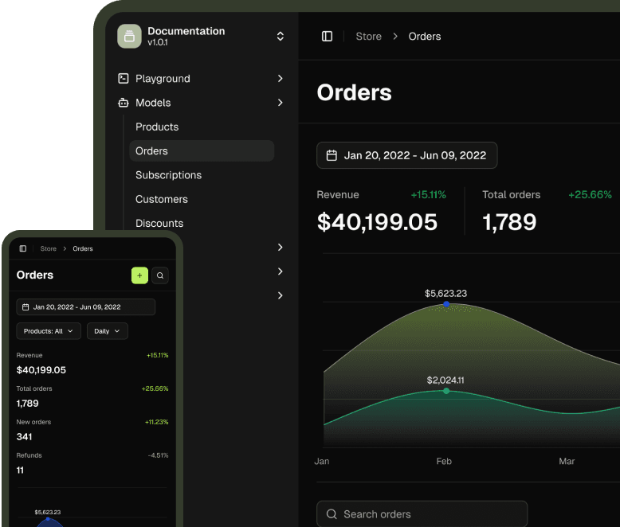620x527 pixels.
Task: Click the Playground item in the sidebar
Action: pos(163,79)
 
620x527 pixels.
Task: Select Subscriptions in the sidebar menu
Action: pos(168,175)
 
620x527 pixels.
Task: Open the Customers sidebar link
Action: pos(162,199)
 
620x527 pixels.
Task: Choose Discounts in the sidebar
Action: pos(159,223)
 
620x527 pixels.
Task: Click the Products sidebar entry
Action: pos(157,127)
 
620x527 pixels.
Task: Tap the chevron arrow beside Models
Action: pos(281,103)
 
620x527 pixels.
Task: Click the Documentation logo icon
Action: pos(129,37)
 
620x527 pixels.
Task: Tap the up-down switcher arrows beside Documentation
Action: pos(281,37)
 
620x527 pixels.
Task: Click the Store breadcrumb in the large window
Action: pos(368,37)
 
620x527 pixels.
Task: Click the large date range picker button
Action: pos(407,155)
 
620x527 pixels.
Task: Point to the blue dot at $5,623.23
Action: pos(446,304)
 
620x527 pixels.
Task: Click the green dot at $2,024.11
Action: pos(446,391)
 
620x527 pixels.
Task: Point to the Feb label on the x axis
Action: pos(444,461)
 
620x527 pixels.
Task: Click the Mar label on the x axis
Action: pos(567,461)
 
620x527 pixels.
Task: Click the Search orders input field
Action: pos(422,514)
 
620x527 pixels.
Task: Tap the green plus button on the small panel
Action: pos(139,275)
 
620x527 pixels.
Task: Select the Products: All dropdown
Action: pos(49,331)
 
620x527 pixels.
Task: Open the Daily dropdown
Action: pos(107,331)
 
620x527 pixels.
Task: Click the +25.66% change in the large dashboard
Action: pos(590,194)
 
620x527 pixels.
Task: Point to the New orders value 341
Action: pos(24,436)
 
